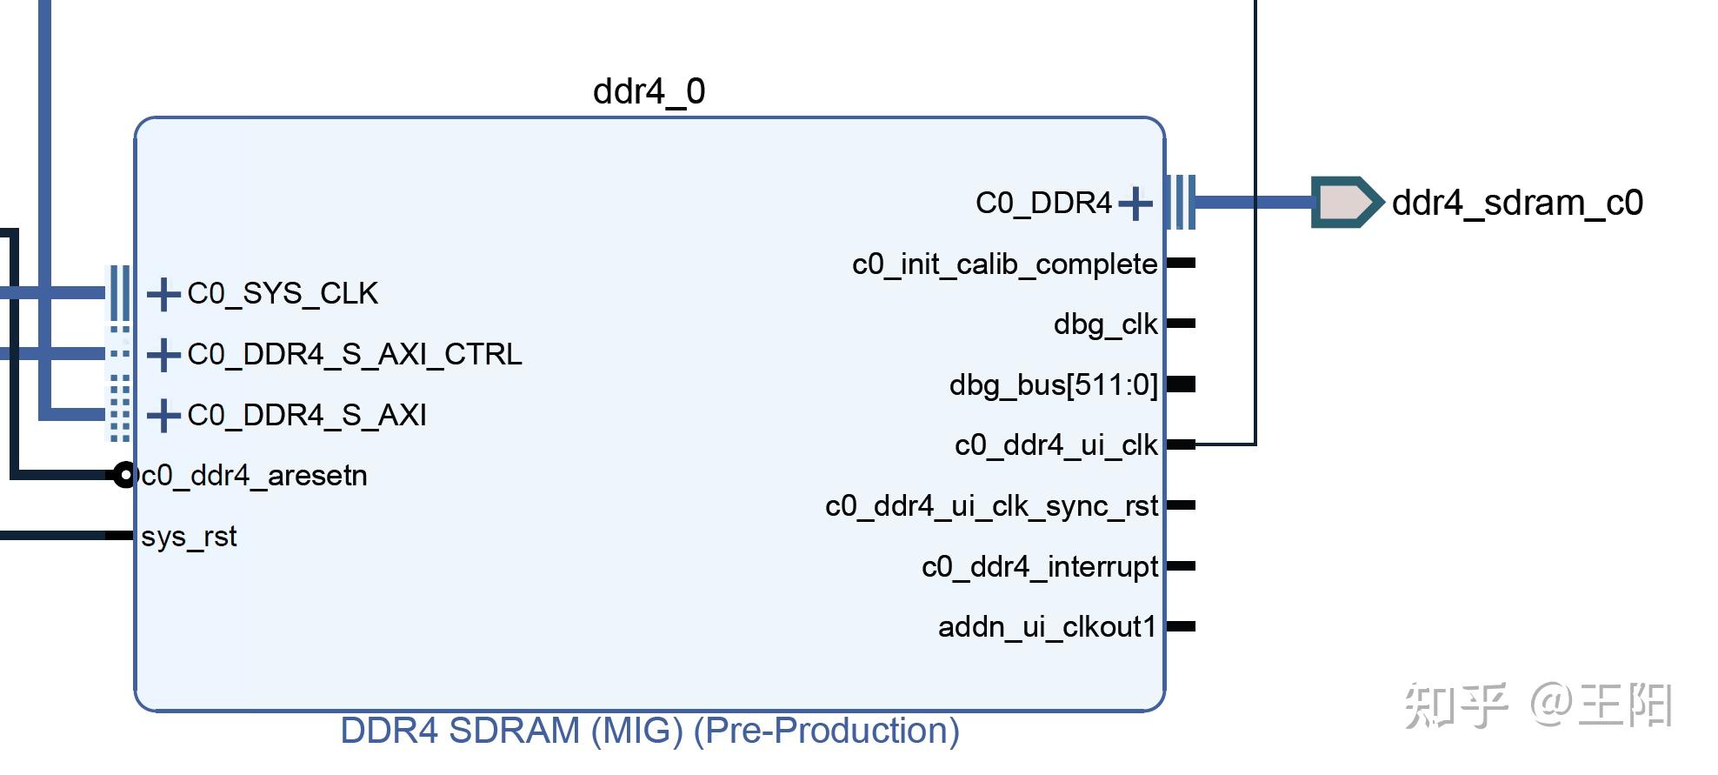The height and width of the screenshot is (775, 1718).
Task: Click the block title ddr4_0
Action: [x=649, y=91]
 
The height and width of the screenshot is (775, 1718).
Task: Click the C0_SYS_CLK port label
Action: [x=283, y=294]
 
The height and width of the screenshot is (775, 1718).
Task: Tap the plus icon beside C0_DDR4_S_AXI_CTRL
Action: [x=163, y=355]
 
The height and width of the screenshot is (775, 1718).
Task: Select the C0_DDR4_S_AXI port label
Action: [x=307, y=416]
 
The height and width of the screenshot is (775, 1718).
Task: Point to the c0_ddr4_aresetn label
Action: [x=254, y=476]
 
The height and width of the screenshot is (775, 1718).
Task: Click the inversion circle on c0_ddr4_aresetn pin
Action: [x=124, y=475]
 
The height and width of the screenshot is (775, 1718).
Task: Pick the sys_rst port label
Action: [x=189, y=537]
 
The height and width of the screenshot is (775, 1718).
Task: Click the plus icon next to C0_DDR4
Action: [x=1135, y=204]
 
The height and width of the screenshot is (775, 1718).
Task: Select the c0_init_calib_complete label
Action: [x=1004, y=264]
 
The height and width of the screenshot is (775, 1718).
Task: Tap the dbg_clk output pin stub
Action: [x=1181, y=324]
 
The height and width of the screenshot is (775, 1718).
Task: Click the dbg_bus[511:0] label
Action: [x=1053, y=384]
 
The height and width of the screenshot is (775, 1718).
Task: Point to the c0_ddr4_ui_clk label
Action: [x=1055, y=445]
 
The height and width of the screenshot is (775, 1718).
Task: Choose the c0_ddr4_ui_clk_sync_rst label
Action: [x=991, y=506]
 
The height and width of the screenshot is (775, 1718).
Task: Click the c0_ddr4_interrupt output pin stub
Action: [x=1181, y=566]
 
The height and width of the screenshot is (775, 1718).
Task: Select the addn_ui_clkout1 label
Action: [x=1047, y=627]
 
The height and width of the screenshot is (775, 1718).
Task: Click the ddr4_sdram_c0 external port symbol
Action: [x=1345, y=203]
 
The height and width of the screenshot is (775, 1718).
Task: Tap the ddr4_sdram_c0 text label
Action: [x=1517, y=203]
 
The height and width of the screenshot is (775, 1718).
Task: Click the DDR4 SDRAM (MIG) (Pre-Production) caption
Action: [x=649, y=731]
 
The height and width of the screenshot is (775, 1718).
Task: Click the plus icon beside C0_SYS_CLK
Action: [x=163, y=294]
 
